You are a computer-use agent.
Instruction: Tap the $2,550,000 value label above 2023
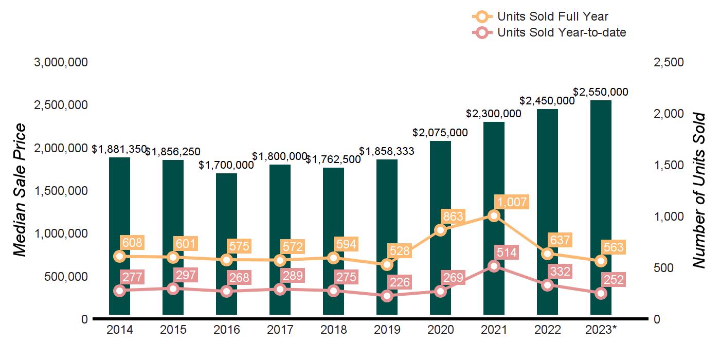click(x=601, y=92)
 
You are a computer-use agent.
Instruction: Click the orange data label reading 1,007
click(x=511, y=202)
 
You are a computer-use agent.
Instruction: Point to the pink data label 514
click(x=507, y=253)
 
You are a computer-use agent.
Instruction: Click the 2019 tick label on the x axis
click(x=387, y=330)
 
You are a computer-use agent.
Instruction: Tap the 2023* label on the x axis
click(x=601, y=330)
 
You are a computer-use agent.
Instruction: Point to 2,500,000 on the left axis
click(x=61, y=105)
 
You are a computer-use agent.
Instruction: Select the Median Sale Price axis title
click(x=19, y=190)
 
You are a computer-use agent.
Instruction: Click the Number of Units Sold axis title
click(x=698, y=190)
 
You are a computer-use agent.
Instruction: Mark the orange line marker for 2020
click(x=440, y=230)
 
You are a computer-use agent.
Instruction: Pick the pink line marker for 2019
click(x=387, y=296)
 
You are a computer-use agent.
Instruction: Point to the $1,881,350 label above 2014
click(x=119, y=149)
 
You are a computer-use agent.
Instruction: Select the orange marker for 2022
click(x=547, y=254)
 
